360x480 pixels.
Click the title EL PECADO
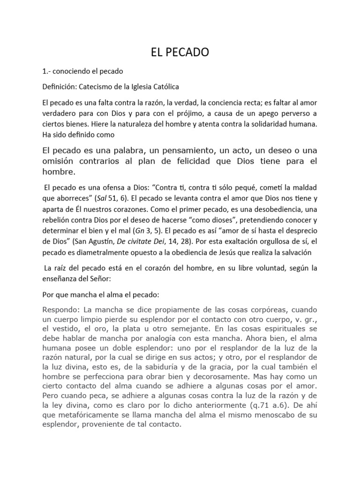180,53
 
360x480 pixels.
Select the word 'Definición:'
59,87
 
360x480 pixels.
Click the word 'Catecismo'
96,87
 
